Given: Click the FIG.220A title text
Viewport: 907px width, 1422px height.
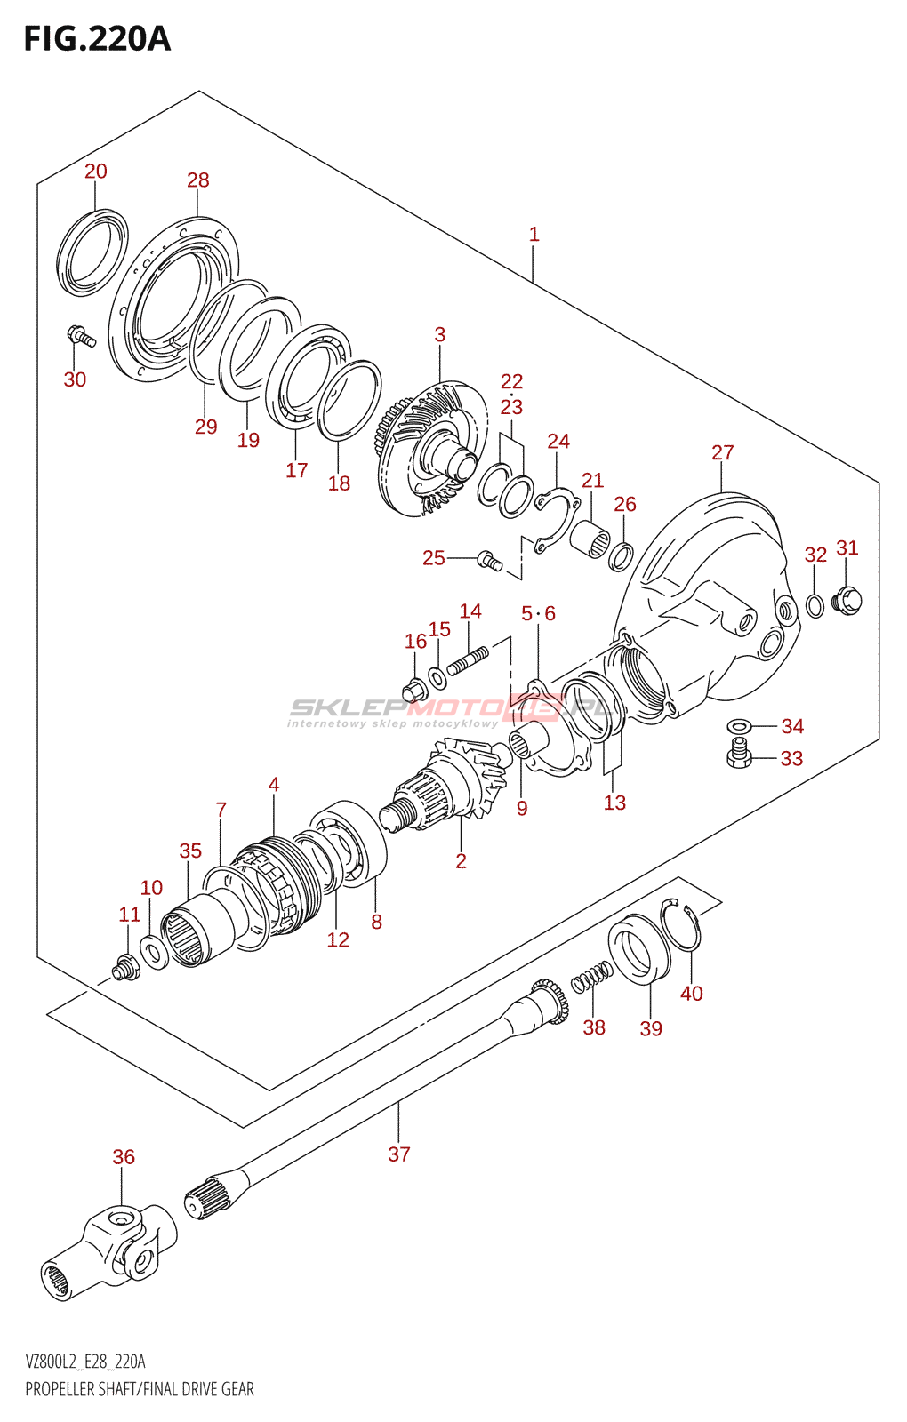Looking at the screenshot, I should [x=97, y=38].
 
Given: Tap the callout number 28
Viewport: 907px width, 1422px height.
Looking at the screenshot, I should [x=197, y=180].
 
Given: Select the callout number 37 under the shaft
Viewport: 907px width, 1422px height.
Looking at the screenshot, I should [x=399, y=1154].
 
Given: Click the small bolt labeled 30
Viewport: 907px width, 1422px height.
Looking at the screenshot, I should [x=81, y=336].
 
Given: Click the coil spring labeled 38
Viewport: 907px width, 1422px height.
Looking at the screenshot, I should [x=591, y=979].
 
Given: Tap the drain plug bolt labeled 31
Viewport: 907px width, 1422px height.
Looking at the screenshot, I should [x=847, y=600].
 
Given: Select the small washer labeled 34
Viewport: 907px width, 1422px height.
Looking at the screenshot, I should [x=739, y=726].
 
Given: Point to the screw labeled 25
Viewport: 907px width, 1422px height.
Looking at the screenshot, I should [x=489, y=560].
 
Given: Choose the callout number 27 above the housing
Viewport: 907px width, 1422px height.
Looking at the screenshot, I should [x=722, y=452].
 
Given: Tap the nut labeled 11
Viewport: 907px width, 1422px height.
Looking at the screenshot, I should [x=125, y=967].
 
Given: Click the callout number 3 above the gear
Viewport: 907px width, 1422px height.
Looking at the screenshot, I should [x=439, y=335].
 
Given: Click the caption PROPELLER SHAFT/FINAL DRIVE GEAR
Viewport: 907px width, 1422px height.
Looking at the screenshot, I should [x=140, y=1389].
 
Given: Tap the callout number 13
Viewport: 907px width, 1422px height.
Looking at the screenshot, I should [x=614, y=803].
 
